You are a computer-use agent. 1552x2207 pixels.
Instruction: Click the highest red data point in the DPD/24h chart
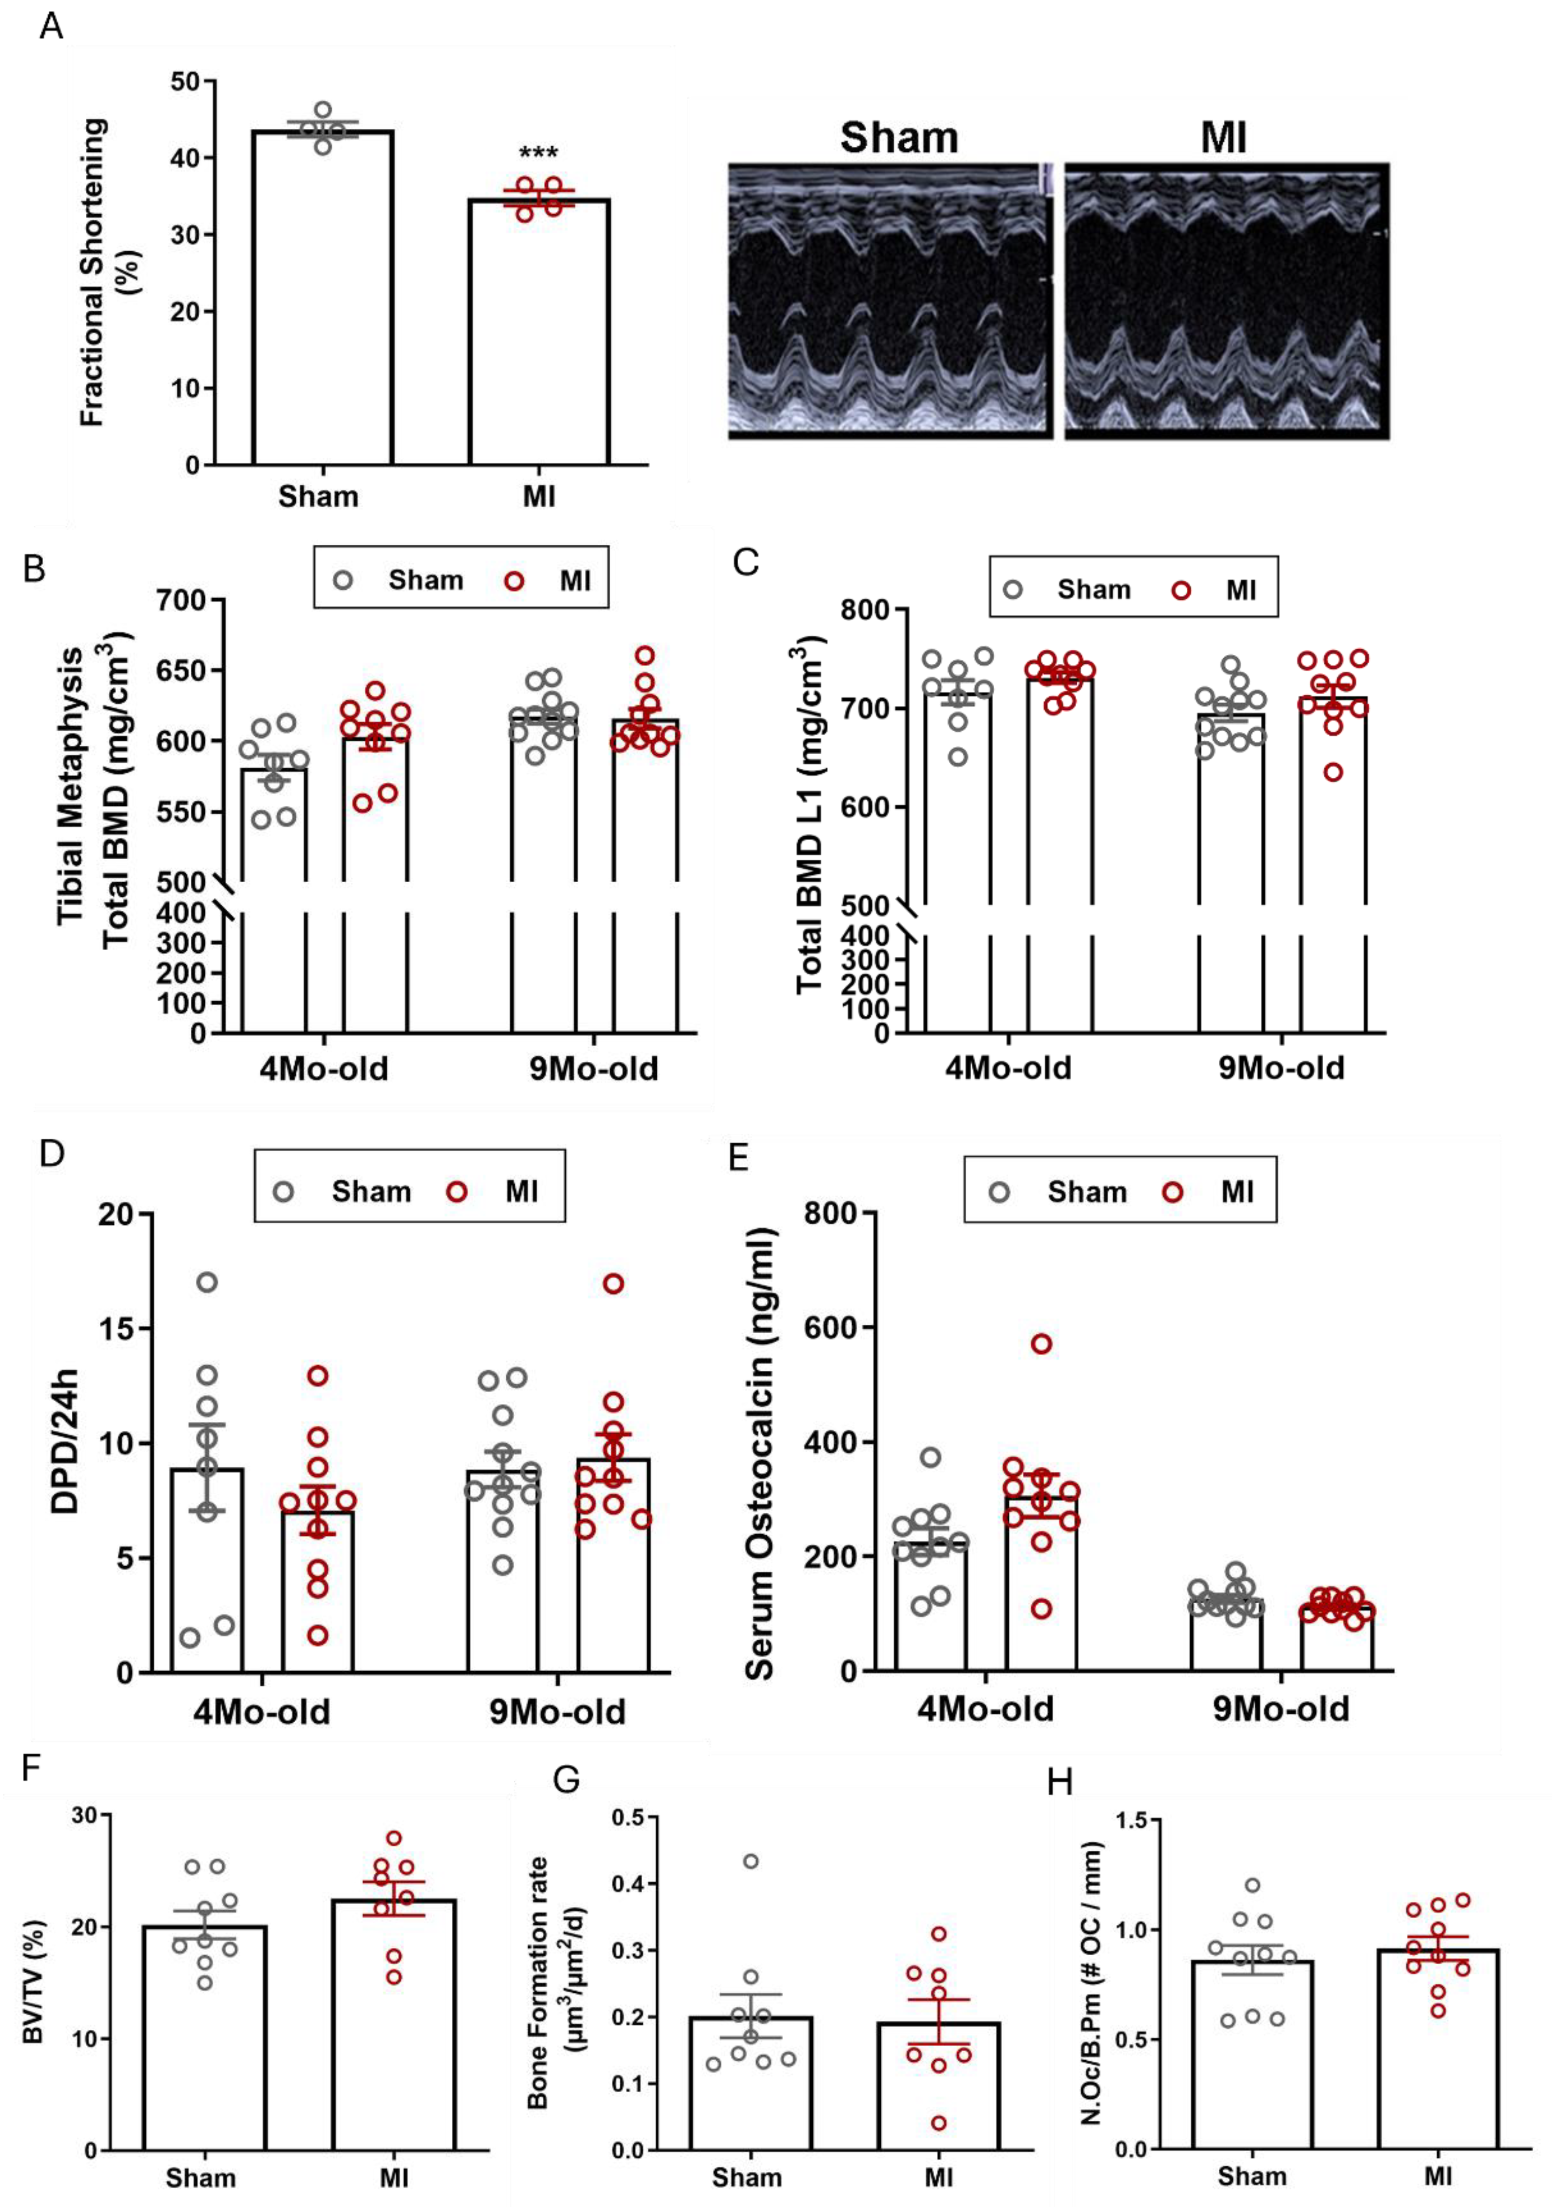pos(613,1283)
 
